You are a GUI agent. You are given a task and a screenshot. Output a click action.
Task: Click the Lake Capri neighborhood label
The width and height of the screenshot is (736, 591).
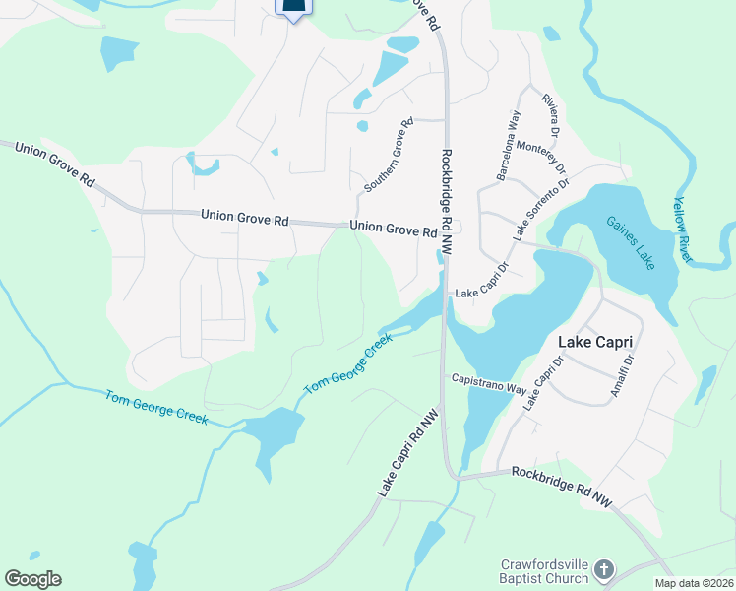[x=593, y=342]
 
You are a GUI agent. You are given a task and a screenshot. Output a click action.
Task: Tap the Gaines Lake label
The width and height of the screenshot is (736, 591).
[x=631, y=243]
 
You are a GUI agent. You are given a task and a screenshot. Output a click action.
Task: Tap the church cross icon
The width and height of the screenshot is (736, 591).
[x=604, y=570]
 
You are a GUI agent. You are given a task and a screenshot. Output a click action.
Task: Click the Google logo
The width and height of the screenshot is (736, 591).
[x=32, y=578]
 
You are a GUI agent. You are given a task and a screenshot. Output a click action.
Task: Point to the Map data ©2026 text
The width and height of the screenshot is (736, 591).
[x=694, y=583]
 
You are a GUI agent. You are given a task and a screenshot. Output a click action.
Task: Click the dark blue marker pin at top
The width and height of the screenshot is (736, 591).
[x=293, y=8]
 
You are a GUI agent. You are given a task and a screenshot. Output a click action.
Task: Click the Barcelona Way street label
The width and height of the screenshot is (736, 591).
[x=509, y=146]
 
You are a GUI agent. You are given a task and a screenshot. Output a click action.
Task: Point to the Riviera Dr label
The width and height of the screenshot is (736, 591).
[x=550, y=115]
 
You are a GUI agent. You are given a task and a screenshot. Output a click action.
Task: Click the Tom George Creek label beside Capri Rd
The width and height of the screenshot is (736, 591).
[x=347, y=364]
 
